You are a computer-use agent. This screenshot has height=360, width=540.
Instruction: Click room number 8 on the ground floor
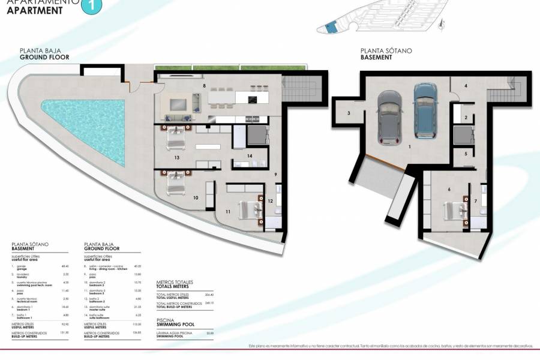(x=205, y=86)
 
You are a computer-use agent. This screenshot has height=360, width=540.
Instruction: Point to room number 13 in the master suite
(x=177, y=158)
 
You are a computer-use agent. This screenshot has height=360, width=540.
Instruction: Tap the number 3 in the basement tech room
(x=348, y=113)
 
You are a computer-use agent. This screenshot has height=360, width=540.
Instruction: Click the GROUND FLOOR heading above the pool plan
(x=44, y=58)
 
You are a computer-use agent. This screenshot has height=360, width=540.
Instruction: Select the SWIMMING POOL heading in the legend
(x=171, y=326)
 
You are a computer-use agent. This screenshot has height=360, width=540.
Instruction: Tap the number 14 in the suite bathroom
(x=250, y=156)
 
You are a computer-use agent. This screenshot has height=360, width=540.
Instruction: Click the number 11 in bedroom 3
(x=228, y=211)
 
